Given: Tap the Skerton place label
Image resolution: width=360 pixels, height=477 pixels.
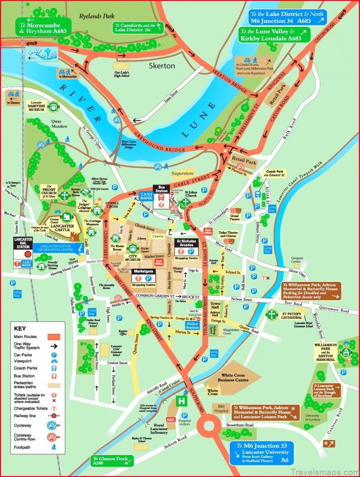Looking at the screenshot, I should point(162,66).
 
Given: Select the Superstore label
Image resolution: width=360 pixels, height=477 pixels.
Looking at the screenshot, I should point(182,174).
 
